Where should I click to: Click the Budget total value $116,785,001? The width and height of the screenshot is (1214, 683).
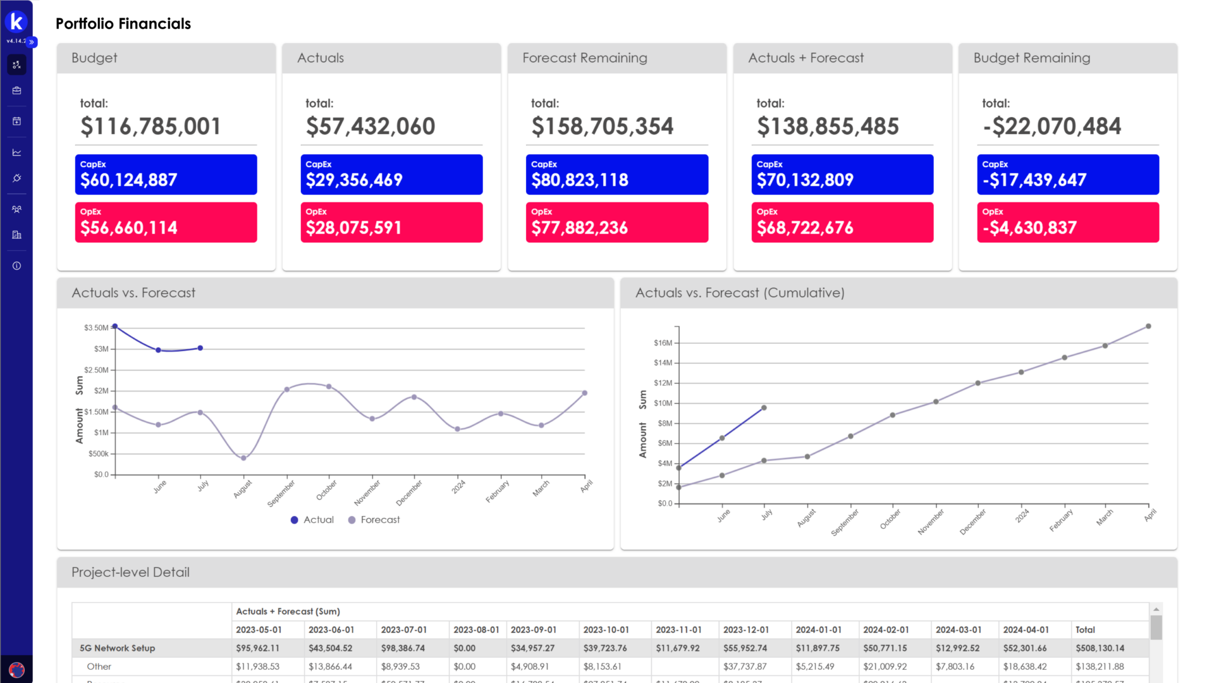150,126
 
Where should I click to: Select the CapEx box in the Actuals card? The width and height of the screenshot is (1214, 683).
391,175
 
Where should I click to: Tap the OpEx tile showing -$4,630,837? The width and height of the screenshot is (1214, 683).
1067,222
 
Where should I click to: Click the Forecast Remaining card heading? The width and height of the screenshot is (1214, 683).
584,58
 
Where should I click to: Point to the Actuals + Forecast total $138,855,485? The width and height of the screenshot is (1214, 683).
827,126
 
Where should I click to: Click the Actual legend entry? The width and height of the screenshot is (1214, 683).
312,520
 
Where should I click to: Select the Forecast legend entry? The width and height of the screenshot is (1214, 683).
374,520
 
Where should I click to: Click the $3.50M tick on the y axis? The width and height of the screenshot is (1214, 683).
96,328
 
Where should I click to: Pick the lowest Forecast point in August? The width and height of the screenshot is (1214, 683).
243,458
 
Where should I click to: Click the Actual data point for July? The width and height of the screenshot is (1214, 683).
200,348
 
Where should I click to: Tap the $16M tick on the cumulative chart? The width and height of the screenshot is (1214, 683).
663,343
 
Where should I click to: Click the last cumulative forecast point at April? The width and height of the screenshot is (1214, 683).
1148,326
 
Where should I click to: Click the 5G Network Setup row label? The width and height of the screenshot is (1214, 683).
117,648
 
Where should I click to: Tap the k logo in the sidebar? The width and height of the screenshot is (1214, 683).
16,22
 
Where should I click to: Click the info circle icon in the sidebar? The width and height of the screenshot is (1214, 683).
16,266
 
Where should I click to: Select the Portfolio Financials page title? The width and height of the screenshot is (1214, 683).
123,24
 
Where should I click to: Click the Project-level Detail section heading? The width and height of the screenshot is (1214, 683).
130,572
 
